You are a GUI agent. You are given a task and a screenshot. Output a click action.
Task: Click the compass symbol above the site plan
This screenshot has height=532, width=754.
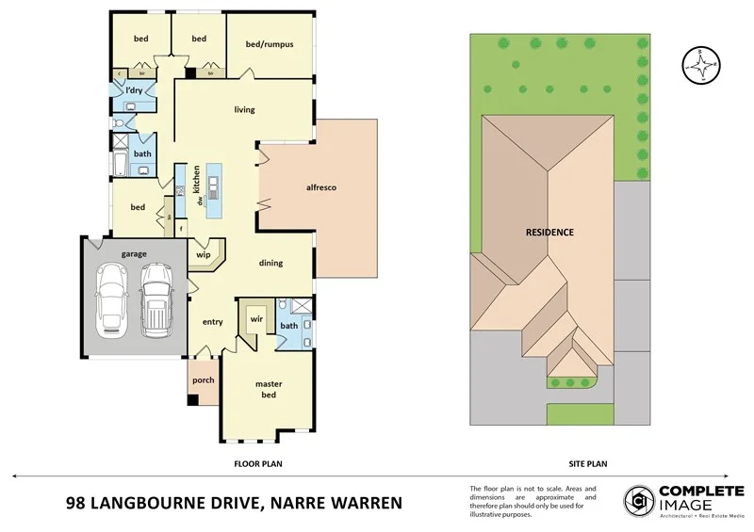tap(700, 64)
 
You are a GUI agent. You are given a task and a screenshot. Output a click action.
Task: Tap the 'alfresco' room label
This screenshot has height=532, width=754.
tap(321, 187)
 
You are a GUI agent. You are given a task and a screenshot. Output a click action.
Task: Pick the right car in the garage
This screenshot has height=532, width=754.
tap(156, 299)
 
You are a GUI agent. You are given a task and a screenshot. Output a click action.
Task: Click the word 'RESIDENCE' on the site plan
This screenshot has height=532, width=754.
tap(549, 232)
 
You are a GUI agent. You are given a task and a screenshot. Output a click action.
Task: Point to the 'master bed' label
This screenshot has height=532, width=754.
tap(268, 390)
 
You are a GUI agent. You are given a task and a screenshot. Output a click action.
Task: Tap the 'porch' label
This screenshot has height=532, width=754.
tap(204, 380)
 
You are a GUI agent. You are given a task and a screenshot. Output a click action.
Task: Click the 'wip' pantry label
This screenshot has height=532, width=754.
tap(203, 254)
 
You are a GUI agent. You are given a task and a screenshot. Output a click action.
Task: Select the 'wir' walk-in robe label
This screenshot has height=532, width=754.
tap(255, 319)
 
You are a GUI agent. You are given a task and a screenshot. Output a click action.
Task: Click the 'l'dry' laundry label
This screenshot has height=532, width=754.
tap(134, 90)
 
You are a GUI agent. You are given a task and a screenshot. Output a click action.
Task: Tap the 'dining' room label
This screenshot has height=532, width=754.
tap(271, 263)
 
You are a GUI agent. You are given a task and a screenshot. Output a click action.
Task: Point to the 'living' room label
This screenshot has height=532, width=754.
tap(245, 109)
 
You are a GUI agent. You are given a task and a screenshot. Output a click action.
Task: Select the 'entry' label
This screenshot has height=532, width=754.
tap(213, 322)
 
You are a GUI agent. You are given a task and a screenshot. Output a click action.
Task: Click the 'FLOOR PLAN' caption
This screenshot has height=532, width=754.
tap(258, 463)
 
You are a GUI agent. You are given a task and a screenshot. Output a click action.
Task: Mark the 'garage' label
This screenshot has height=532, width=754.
tap(132, 253)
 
